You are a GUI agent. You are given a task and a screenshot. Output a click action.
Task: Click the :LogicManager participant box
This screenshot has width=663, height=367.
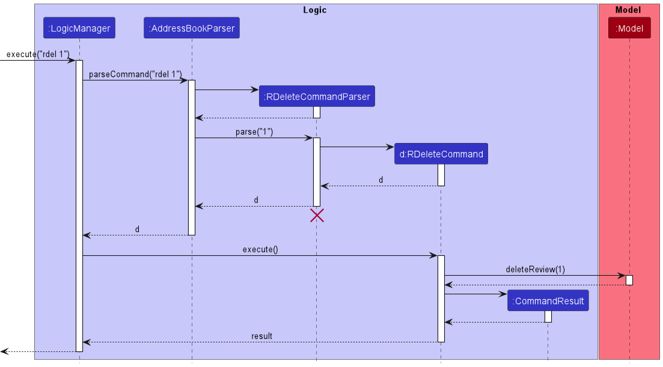(79, 28)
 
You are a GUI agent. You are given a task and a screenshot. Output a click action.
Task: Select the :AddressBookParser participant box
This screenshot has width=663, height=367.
(192, 28)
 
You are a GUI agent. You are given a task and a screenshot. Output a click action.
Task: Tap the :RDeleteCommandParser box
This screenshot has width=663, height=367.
(317, 96)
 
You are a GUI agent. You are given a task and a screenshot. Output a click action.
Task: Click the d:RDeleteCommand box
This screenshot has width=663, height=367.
(441, 154)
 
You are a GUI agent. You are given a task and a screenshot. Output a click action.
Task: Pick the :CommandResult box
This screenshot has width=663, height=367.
(548, 301)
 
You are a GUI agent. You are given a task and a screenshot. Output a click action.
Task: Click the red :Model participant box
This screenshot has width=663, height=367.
(629, 28)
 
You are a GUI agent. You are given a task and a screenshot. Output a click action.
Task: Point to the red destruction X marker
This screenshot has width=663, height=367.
(317, 216)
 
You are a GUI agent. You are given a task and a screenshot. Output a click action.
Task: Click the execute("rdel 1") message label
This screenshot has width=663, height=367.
(38, 54)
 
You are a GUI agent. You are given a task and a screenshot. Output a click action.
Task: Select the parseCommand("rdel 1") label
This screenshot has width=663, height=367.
(135, 74)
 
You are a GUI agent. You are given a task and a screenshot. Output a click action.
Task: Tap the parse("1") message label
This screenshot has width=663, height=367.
(254, 132)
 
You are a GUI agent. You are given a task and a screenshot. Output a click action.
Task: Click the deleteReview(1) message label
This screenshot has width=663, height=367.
(536, 270)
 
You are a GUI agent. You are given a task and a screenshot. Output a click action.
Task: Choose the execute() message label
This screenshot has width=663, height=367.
(260, 250)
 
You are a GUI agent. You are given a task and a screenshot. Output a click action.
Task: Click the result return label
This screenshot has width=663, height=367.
(261, 336)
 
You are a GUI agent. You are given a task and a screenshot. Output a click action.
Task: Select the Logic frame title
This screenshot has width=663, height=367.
(315, 10)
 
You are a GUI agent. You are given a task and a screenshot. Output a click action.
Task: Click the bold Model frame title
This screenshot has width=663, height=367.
(628, 10)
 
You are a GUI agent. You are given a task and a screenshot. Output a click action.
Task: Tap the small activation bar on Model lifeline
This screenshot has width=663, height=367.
(629, 281)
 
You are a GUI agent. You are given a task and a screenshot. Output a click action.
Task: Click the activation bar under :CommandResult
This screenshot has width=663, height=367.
(548, 317)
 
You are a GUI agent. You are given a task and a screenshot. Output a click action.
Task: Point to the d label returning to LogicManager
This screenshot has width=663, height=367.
(137, 229)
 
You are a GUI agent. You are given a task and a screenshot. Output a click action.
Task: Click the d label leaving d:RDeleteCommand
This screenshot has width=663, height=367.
(380, 180)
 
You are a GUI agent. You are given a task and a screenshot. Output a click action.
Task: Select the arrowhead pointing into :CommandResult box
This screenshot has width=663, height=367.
(503, 294)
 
